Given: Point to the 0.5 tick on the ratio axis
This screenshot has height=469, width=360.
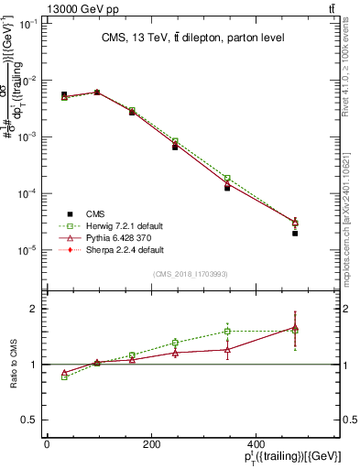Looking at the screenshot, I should click(x=31, y=420).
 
